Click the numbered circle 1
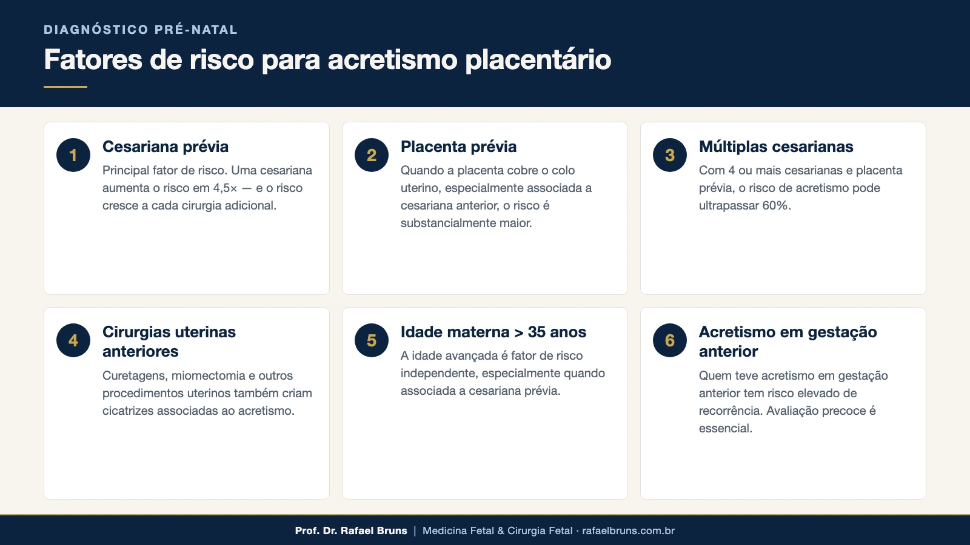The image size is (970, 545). (73, 155)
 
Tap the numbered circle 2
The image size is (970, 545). (372, 155)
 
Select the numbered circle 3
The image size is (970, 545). (670, 155)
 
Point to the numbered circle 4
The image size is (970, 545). (73, 340)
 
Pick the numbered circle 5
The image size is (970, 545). (372, 340)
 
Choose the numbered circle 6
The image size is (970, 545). (670, 340)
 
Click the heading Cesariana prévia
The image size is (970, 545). (166, 147)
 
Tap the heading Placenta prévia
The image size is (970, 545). (458, 147)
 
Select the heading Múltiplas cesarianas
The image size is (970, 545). (776, 147)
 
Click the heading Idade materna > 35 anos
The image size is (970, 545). (493, 332)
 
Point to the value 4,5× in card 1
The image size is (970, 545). (225, 188)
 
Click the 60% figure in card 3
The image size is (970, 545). (776, 206)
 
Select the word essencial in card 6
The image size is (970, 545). (725, 429)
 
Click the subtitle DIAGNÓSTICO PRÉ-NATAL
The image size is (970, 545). (141, 30)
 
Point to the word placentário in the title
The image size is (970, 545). (538, 60)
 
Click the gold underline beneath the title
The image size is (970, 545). (65, 87)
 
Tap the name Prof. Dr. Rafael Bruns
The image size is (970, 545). (351, 531)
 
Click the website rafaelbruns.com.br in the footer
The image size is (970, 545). (628, 531)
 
